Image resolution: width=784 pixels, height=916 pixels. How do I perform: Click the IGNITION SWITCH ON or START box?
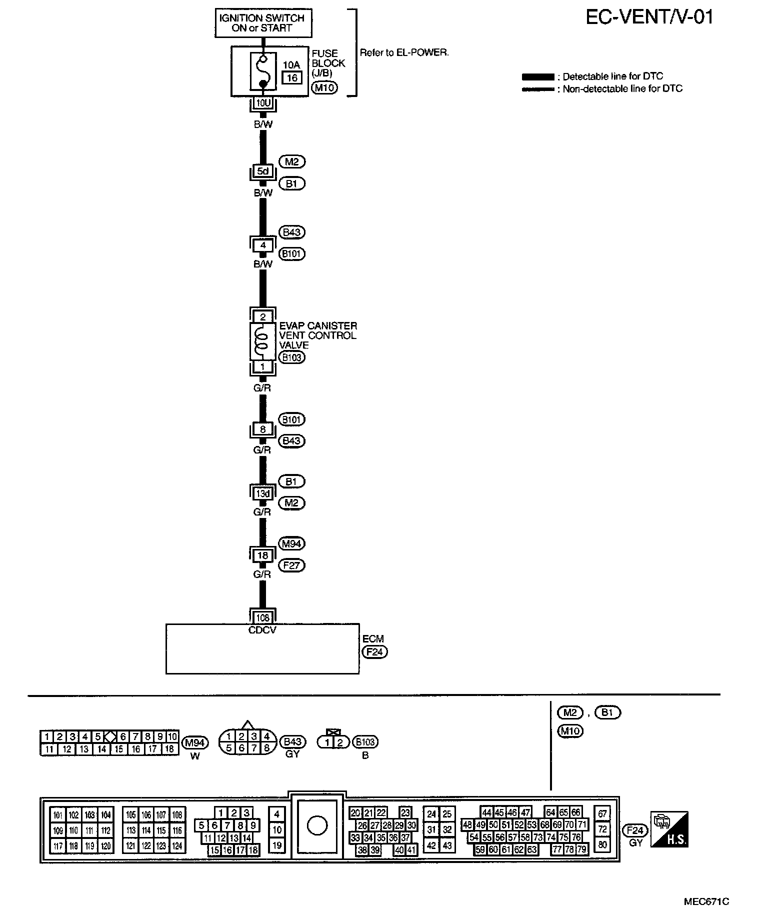[263, 23]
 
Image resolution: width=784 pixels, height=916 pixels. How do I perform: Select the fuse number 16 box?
[292, 77]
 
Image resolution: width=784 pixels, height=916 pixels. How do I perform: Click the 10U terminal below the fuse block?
[262, 103]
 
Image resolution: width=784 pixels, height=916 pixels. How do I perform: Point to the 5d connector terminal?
[262, 171]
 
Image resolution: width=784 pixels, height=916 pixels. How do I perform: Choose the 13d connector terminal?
[262, 493]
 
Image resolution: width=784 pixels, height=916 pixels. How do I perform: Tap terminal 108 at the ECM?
[262, 618]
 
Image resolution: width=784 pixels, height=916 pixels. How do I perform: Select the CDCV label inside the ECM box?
[262, 630]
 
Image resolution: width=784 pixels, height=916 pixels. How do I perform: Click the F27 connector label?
[291, 565]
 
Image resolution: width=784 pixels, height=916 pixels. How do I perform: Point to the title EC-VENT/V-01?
[649, 17]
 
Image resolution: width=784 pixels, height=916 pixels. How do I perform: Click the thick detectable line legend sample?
[537, 77]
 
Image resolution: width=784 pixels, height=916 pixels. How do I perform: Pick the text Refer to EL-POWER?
[404, 52]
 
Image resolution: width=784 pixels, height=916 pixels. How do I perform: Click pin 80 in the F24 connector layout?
[602, 844]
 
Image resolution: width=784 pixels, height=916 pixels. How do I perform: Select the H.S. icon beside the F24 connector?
[669, 829]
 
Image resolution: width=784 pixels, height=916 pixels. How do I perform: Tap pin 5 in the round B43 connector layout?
[228, 748]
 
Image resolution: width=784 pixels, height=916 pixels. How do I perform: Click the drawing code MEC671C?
[706, 901]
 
